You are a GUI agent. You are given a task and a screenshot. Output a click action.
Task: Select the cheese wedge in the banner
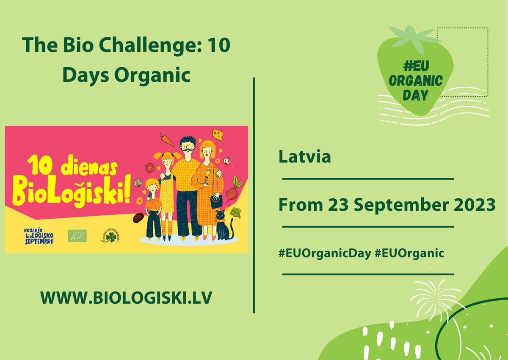point(219,135)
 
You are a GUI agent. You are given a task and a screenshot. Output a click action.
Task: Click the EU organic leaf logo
point(77,236)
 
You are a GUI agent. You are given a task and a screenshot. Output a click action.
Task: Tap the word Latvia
point(304,157)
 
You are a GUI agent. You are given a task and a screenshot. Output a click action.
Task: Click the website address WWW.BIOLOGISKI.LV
point(127,297)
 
